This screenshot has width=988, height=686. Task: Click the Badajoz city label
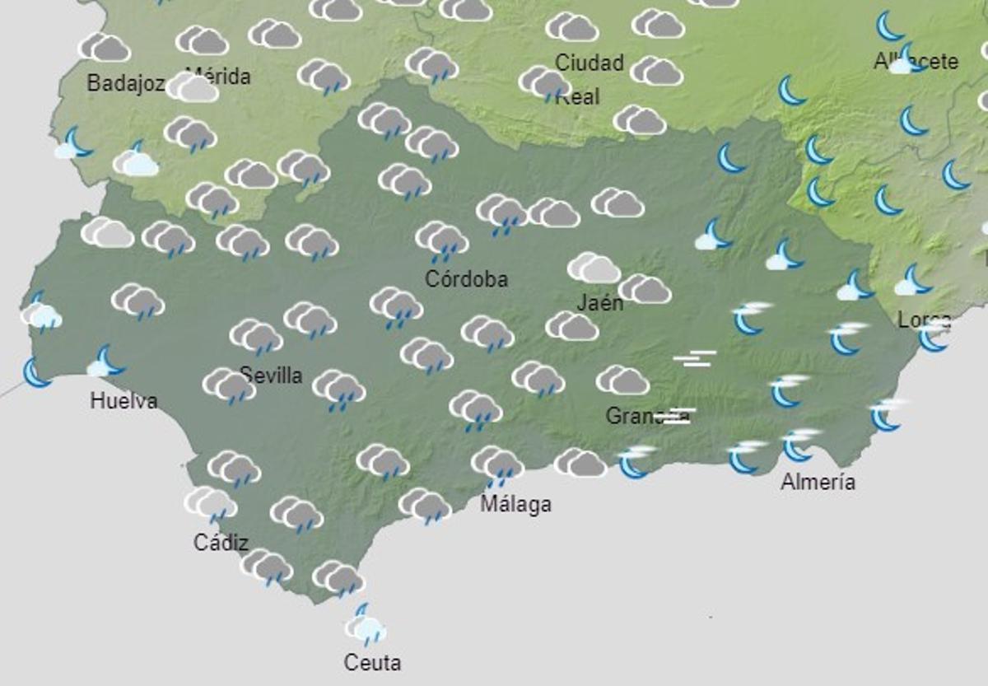tap(126, 83)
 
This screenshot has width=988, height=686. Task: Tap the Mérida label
tap(218, 77)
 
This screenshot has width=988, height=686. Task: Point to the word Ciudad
tap(590, 63)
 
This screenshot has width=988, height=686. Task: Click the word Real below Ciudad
tap(578, 97)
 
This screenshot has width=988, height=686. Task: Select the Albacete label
tap(916, 62)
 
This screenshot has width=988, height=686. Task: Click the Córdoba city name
tap(466, 279)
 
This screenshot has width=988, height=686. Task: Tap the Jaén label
tap(599, 303)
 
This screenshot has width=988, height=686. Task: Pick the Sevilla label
tap(271, 376)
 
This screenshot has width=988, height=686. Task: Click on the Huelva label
tap(123, 402)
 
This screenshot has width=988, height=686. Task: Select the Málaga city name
tap(515, 504)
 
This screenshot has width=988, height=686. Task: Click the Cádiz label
tap(221, 543)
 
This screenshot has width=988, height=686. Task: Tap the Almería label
tap(818, 482)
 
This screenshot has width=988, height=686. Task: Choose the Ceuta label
tap(373, 662)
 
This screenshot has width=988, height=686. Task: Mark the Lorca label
tap(924, 320)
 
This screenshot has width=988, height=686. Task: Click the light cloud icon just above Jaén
tap(594, 268)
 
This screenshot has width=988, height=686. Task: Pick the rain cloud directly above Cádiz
tap(210, 503)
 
